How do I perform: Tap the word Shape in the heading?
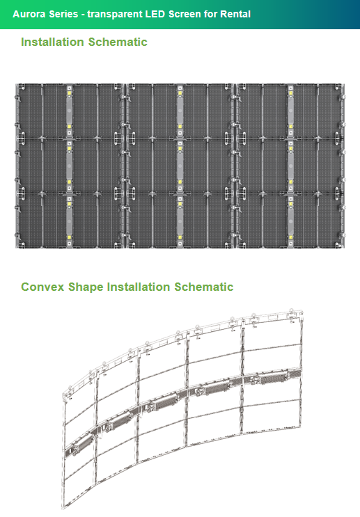coord(86,287)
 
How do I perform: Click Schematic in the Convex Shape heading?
coord(203,287)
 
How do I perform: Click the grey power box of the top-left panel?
coord(69,111)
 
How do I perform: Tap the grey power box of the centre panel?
coord(180,166)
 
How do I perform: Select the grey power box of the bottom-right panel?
coord(290,221)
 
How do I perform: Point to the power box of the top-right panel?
coord(290,111)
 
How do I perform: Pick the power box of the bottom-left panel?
coord(69,221)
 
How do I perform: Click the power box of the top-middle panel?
coord(180,111)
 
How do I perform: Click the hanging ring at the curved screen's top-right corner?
coord(291,310)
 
